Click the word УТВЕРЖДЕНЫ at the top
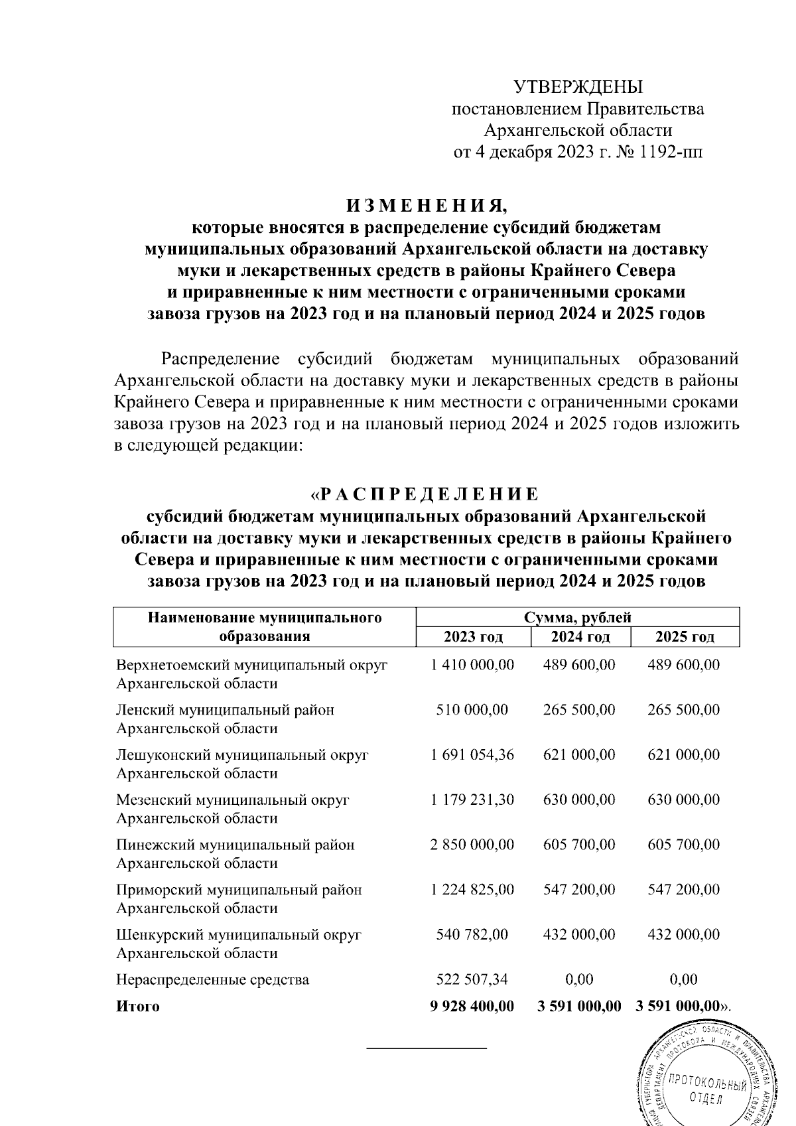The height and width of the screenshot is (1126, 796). point(578,87)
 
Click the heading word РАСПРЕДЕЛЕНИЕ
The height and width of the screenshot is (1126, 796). point(429,495)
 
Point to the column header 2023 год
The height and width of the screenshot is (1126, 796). point(473,637)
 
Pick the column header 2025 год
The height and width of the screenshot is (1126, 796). point(685,637)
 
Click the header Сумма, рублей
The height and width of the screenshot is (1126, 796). point(577,618)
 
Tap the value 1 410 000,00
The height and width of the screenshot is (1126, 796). point(472,665)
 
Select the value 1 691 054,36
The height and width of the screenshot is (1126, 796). point(472,754)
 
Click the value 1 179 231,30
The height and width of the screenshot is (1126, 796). point(472,800)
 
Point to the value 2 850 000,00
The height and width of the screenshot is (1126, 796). point(472,845)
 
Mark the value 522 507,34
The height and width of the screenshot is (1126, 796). point(472,979)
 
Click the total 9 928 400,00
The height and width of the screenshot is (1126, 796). point(472,1006)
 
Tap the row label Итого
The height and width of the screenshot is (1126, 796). point(138,1007)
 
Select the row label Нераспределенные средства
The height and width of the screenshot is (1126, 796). point(212,980)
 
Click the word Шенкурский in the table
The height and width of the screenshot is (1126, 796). point(160,935)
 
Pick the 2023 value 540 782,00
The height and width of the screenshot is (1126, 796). point(472,934)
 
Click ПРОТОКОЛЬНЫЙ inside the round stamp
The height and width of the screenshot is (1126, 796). point(705,1082)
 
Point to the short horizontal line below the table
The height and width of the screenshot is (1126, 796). point(427,1048)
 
